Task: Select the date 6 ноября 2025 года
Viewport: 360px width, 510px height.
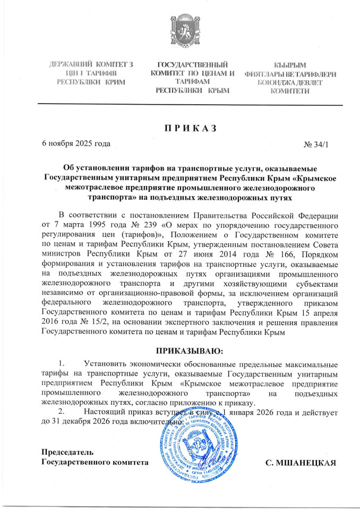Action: (76, 144)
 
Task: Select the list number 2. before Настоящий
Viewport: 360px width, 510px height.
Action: (62, 411)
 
